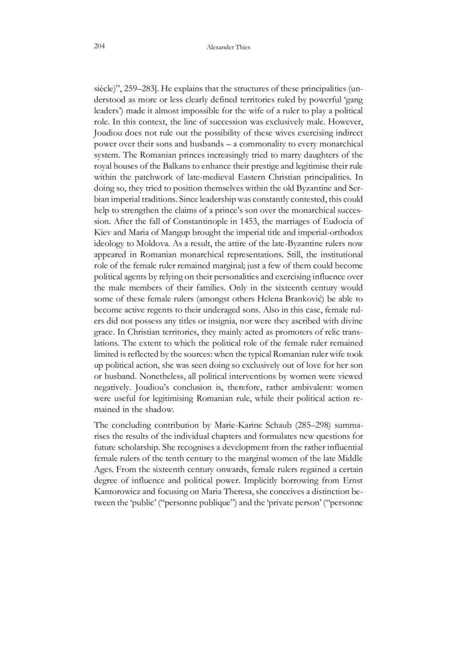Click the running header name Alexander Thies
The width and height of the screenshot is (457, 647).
coord(228,47)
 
